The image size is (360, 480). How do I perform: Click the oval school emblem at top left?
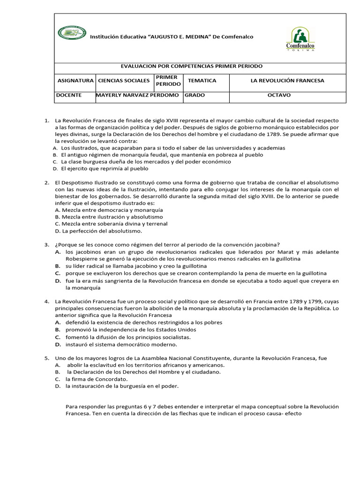[72, 33]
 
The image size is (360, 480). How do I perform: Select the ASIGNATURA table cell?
[75, 81]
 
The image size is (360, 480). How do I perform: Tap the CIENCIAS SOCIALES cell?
[124, 81]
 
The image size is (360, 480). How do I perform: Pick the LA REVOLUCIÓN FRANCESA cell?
[287, 81]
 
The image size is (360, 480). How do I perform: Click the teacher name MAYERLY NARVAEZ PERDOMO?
[137, 95]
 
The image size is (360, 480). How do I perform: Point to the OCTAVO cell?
[279, 95]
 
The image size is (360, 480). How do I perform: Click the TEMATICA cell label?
[202, 81]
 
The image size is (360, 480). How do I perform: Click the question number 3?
[47, 245]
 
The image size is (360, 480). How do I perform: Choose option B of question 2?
[109, 217]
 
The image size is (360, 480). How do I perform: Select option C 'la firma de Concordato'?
[97, 379]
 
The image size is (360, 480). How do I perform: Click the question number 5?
[47, 358]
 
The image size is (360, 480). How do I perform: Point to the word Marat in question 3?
[304, 252]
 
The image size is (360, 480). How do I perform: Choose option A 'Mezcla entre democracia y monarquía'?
[109, 210]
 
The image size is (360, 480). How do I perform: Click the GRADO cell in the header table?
[195, 95]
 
